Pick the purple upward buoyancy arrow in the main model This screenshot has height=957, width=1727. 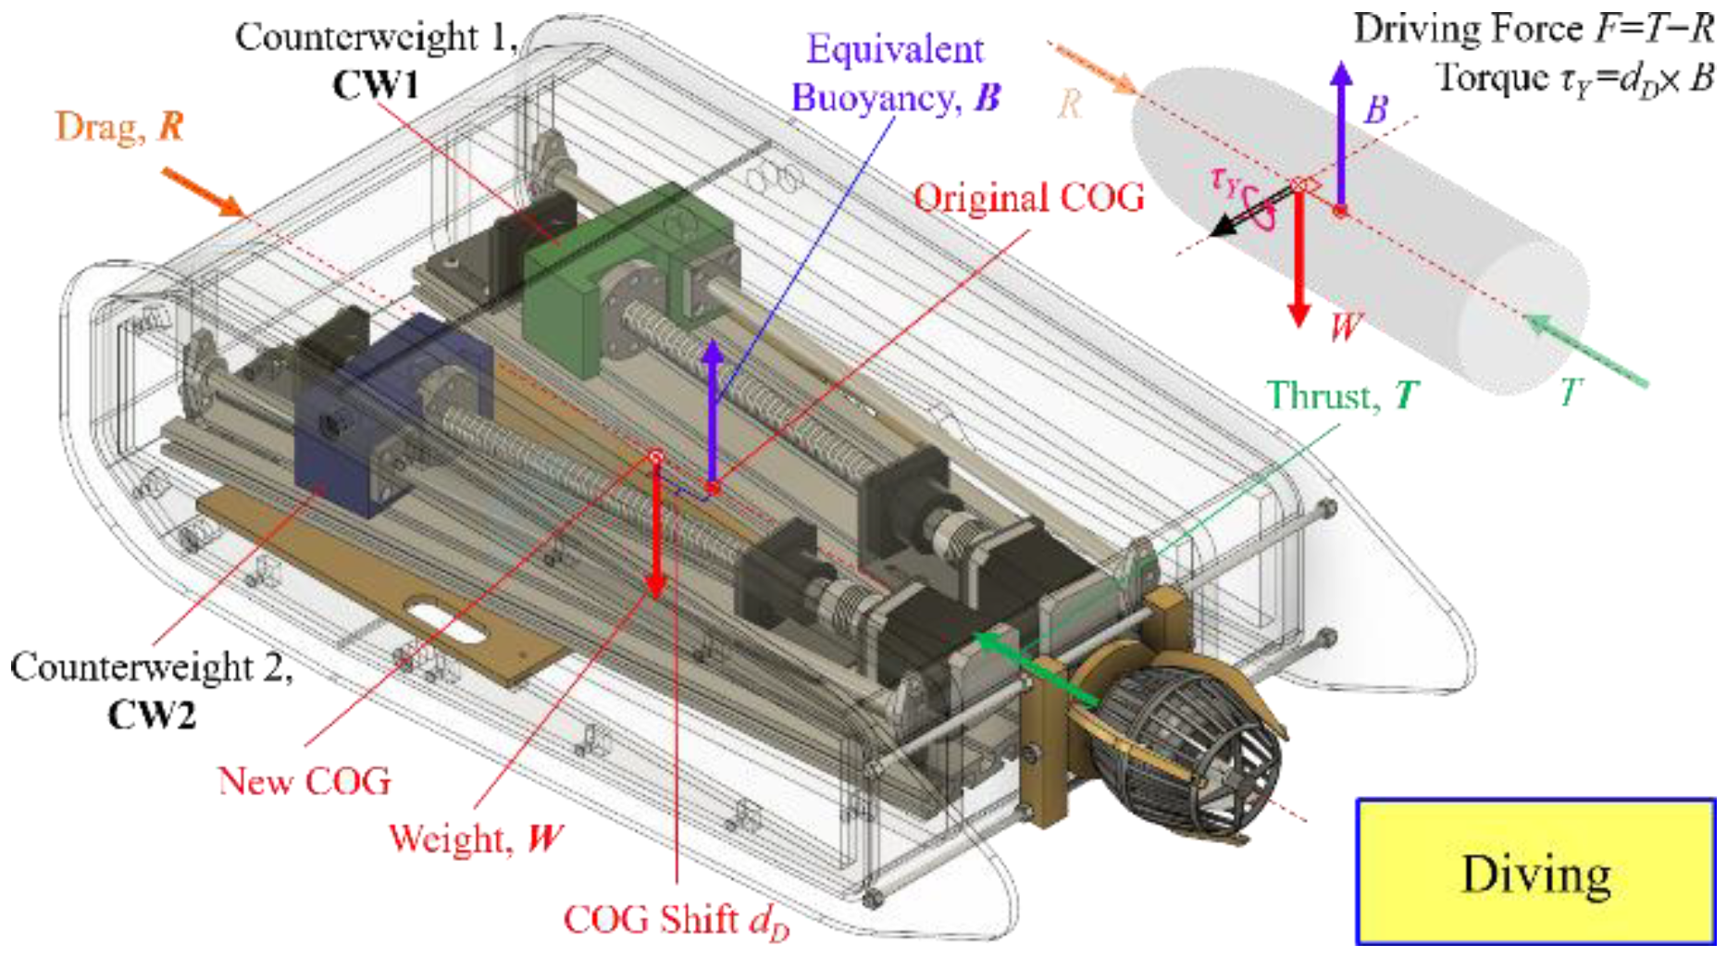click(x=713, y=407)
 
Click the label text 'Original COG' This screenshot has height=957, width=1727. click(x=1028, y=197)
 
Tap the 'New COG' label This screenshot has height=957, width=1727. click(x=304, y=781)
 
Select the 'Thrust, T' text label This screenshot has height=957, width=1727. click(x=1342, y=395)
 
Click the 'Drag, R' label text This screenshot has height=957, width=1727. click(x=119, y=127)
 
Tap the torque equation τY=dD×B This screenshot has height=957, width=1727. click(x=1573, y=78)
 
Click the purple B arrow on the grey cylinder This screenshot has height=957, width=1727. click(x=1341, y=130)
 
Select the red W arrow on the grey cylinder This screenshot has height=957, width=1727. click(x=1299, y=259)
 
